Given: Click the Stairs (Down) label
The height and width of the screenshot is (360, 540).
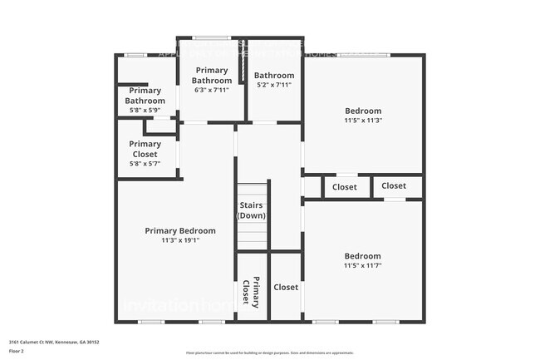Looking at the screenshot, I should click(x=252, y=210).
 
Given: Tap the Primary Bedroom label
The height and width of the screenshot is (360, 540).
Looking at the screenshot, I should click(x=180, y=231).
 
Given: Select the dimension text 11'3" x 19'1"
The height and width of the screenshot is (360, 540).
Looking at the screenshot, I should click(x=180, y=241).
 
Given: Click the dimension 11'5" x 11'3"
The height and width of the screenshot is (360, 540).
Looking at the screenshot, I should click(x=363, y=121).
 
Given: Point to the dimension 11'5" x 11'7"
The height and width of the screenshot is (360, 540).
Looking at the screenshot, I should click(x=363, y=266).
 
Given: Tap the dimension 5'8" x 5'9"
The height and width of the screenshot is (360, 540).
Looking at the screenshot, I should click(x=145, y=111).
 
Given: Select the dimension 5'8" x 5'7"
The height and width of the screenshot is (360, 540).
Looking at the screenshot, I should click(x=145, y=163).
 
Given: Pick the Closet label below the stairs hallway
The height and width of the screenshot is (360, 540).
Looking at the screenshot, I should click(x=286, y=287).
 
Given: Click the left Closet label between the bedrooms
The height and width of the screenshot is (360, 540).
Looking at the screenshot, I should click(x=345, y=187).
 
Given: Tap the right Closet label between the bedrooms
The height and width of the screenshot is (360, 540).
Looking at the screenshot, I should click(x=394, y=185).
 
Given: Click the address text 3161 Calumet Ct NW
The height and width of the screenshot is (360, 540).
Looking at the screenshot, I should click(x=50, y=341).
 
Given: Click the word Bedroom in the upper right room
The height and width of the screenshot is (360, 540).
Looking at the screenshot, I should click(x=363, y=111).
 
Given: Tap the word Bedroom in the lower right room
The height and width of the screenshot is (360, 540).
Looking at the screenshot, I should click(x=363, y=256).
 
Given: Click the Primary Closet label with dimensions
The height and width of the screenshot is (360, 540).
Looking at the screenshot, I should click(x=145, y=149).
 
